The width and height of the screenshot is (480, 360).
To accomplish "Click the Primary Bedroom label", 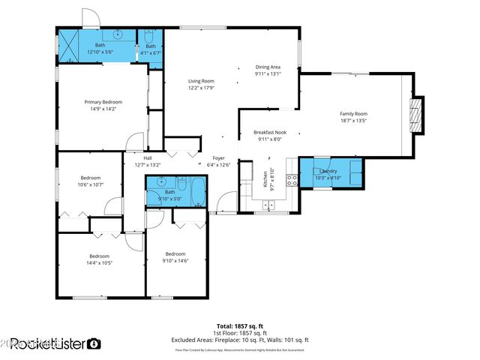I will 103,102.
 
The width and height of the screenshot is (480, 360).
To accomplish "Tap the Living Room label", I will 201,81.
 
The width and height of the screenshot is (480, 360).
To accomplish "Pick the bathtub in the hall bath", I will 198,190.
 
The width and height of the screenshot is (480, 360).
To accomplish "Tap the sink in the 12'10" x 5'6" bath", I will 118,34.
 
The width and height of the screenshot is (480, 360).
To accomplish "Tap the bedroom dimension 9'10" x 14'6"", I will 175,260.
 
